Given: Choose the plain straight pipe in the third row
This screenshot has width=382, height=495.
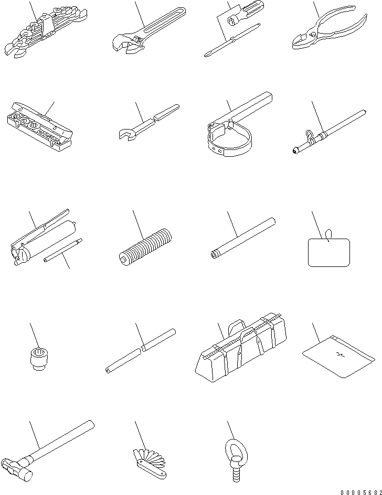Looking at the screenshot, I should click(x=243, y=239).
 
